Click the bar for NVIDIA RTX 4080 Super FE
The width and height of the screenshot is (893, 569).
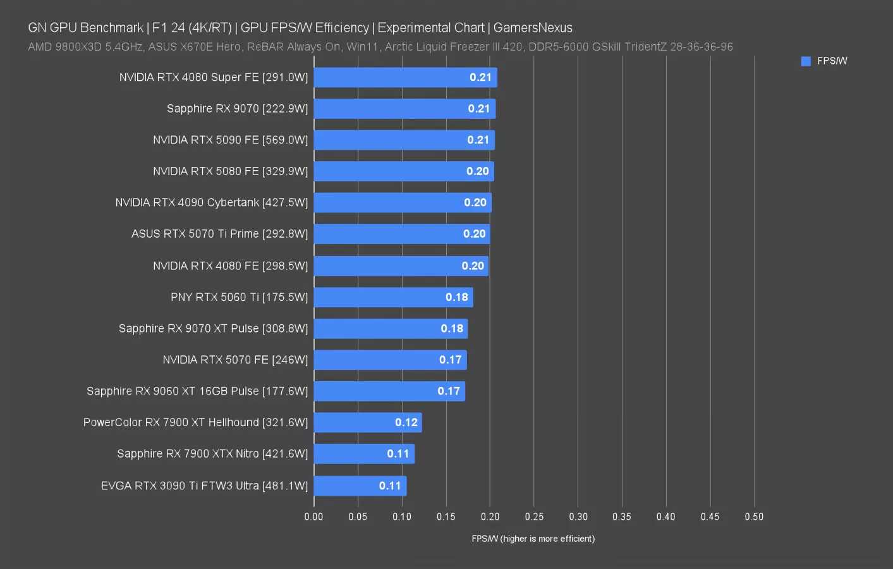(405, 77)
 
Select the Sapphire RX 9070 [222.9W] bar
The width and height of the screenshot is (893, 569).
(404, 109)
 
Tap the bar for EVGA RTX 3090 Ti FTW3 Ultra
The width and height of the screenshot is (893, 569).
(360, 486)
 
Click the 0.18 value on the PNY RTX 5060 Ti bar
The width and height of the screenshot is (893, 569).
(456, 297)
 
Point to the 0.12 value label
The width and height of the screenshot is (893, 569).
(406, 422)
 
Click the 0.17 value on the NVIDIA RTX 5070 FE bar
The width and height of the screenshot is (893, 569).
(450, 360)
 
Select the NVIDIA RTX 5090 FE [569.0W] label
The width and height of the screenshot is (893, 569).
(230, 140)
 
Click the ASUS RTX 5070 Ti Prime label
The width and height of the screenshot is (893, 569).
(219, 234)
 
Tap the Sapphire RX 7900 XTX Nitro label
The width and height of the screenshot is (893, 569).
(212, 454)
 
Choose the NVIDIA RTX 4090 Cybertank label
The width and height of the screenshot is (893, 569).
(211, 202)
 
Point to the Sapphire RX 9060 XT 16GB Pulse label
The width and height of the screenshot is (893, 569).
(197, 391)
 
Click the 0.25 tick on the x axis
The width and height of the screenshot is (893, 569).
(534, 517)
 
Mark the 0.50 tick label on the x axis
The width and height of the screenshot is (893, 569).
(753, 517)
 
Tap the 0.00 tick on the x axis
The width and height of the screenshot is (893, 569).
(313, 517)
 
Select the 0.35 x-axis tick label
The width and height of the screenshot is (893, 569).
(621, 517)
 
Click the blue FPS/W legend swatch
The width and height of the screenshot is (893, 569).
(806, 61)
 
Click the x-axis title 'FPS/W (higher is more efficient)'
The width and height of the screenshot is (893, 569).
(533, 539)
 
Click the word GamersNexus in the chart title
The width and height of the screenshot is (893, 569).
(533, 28)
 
